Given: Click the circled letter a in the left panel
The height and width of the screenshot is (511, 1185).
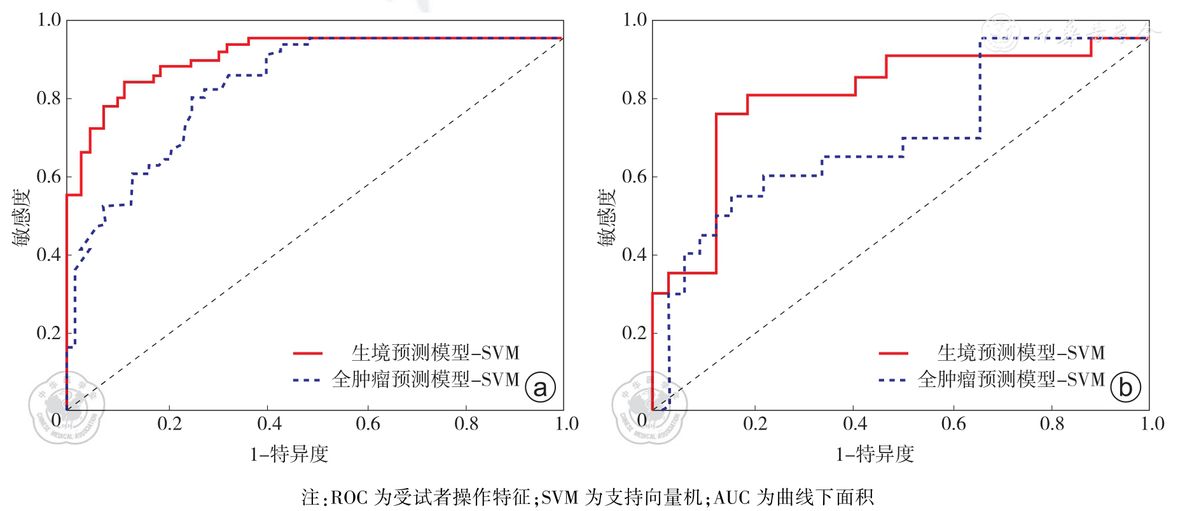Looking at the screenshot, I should pyautogui.click(x=540, y=387).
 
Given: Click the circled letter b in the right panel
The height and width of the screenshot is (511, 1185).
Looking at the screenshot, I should pyautogui.click(x=1125, y=387).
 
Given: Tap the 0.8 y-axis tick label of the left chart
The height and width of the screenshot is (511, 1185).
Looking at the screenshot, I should pyautogui.click(x=49, y=99).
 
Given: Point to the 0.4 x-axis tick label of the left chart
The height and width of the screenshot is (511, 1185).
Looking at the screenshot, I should pyautogui.click(x=269, y=424).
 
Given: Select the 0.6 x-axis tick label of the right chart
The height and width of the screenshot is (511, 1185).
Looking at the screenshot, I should pyautogui.click(x=953, y=424).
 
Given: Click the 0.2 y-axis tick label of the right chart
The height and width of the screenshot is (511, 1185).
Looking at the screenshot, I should pyautogui.click(x=634, y=333).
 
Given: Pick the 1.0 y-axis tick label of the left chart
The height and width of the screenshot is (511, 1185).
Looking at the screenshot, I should pyautogui.click(x=49, y=20).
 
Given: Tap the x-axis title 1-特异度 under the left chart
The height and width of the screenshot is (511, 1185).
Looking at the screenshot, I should pyautogui.click(x=289, y=454).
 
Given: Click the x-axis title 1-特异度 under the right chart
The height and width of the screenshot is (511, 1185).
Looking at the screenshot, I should pyautogui.click(x=875, y=454).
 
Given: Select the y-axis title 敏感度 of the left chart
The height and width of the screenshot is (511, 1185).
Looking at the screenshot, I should pyautogui.click(x=20, y=216).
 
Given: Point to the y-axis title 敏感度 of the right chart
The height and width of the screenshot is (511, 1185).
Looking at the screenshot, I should pyautogui.click(x=606, y=216).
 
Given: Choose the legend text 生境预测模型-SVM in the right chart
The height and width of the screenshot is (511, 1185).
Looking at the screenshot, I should pyautogui.click(x=1021, y=353).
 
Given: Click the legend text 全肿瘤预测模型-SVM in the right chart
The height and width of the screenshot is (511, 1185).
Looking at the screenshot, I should pyautogui.click(x=1011, y=380).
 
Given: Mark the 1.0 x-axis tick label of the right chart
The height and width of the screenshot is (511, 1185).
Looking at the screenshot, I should pyautogui.click(x=1152, y=424).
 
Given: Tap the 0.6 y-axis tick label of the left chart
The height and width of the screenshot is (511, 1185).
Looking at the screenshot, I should pyautogui.click(x=49, y=177).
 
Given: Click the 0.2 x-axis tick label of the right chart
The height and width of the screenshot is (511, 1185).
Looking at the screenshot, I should pyautogui.click(x=755, y=424).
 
